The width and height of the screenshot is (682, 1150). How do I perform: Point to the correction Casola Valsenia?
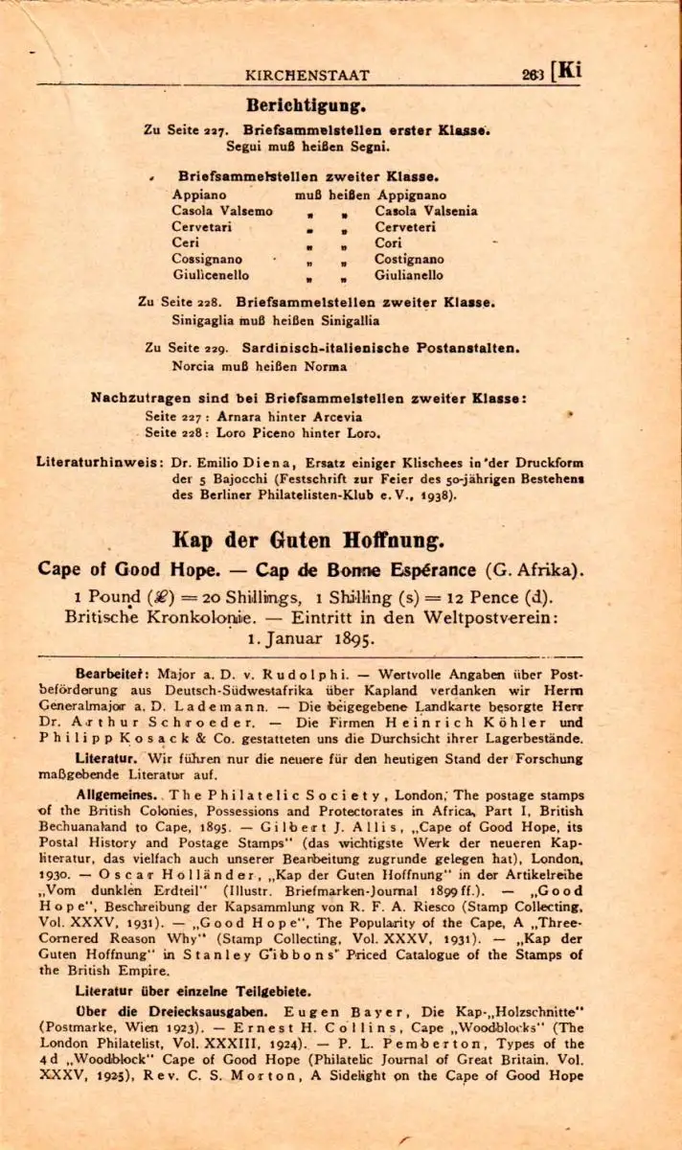tap(425, 211)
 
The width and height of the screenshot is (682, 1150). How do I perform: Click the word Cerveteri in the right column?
tap(405, 227)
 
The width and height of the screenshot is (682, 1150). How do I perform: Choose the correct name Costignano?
tap(409, 259)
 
